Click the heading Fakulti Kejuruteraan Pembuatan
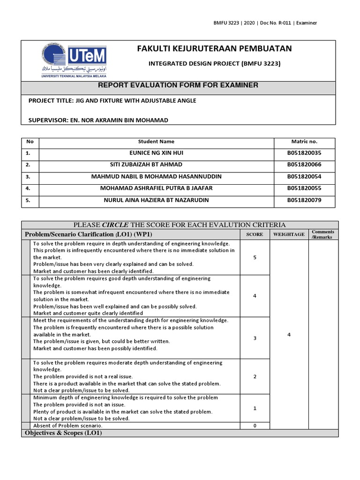point(214,48)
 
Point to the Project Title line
point(112,101)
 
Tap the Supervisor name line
point(98,120)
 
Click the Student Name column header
point(156,141)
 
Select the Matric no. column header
point(304,141)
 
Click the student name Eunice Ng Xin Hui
point(156,153)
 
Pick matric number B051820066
point(304,165)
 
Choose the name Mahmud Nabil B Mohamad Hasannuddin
point(156,176)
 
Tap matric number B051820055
point(304,188)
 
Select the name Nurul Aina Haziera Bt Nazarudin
point(156,200)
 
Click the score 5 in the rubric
point(255,257)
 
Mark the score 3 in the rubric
point(255,338)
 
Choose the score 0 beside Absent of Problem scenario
point(255,425)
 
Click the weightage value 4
point(289,333)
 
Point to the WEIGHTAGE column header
point(289,234)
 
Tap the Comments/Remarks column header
point(323,234)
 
